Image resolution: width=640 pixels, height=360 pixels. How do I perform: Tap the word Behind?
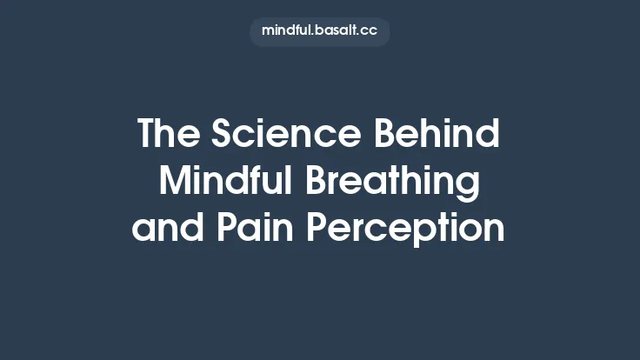(x=437, y=135)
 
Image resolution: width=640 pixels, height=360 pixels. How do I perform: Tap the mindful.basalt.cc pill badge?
(x=320, y=30)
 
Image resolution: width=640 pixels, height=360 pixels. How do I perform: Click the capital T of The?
(x=147, y=135)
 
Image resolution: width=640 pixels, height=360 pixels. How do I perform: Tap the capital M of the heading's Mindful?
(x=174, y=182)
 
